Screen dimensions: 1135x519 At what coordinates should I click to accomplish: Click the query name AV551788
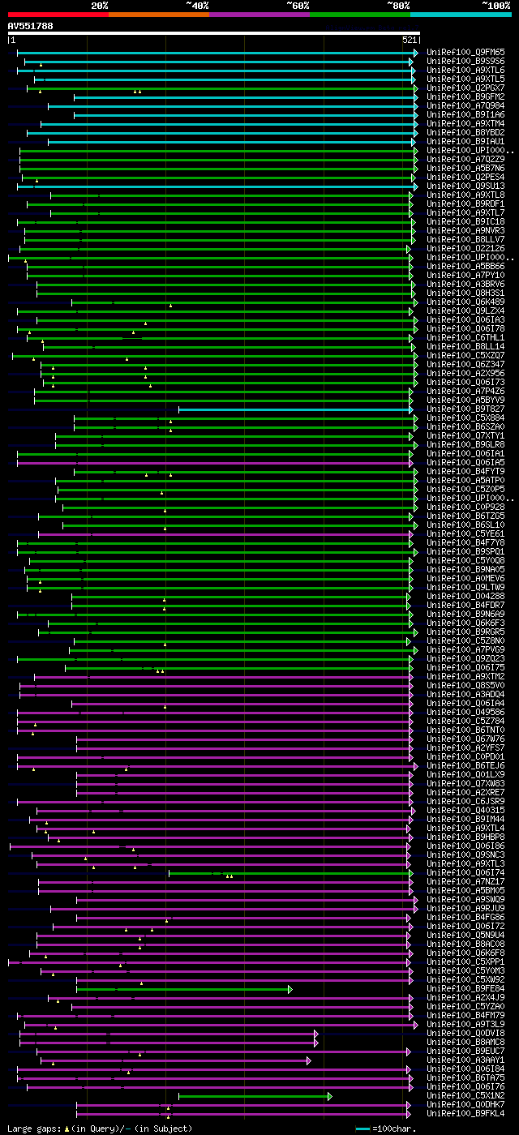31,26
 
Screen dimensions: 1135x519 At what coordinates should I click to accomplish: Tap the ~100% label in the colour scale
495,5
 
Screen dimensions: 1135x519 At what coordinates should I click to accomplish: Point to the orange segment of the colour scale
158,15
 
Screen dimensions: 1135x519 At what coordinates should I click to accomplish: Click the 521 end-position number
410,39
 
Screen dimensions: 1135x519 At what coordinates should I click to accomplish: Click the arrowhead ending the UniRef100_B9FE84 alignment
290,989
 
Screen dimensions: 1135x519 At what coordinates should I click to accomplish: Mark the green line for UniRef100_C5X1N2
252,1096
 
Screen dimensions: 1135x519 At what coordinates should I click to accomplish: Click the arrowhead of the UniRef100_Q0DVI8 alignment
316,1034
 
